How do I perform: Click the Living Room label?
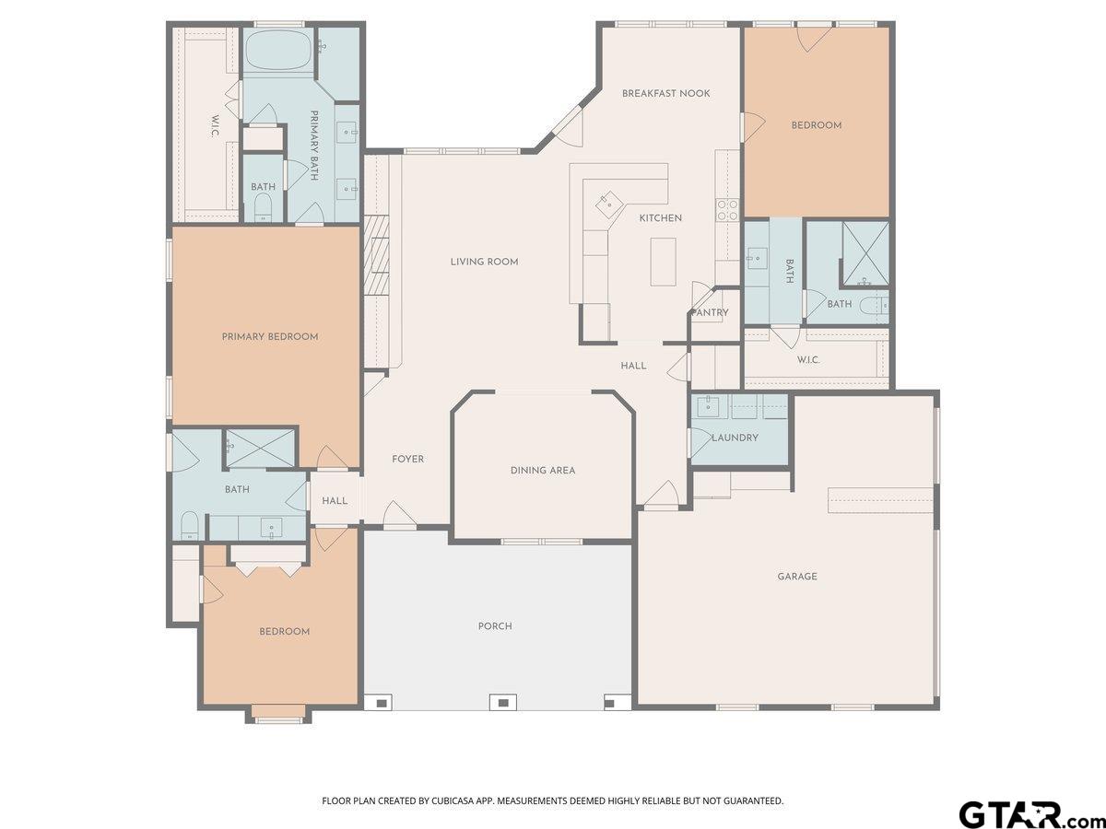coord(484,262)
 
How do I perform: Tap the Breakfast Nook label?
coord(665,94)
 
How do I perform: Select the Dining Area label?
coord(543,471)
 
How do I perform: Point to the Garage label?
coord(797,577)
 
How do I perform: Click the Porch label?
coord(495,626)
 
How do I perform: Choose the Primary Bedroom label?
coord(270,337)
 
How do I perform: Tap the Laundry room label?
coord(735,438)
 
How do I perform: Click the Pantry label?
coord(710,312)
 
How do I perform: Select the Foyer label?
coord(407,459)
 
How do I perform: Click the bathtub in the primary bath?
coord(278,51)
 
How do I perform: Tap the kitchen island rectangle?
coord(663,262)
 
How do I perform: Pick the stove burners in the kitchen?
coord(727,209)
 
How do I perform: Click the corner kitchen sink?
coord(608,205)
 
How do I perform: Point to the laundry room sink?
coord(710,406)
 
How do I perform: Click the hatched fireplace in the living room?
coord(377,255)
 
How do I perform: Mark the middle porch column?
coord(503,703)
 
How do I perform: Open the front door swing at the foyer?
coord(400,514)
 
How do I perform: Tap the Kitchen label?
coord(661,218)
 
